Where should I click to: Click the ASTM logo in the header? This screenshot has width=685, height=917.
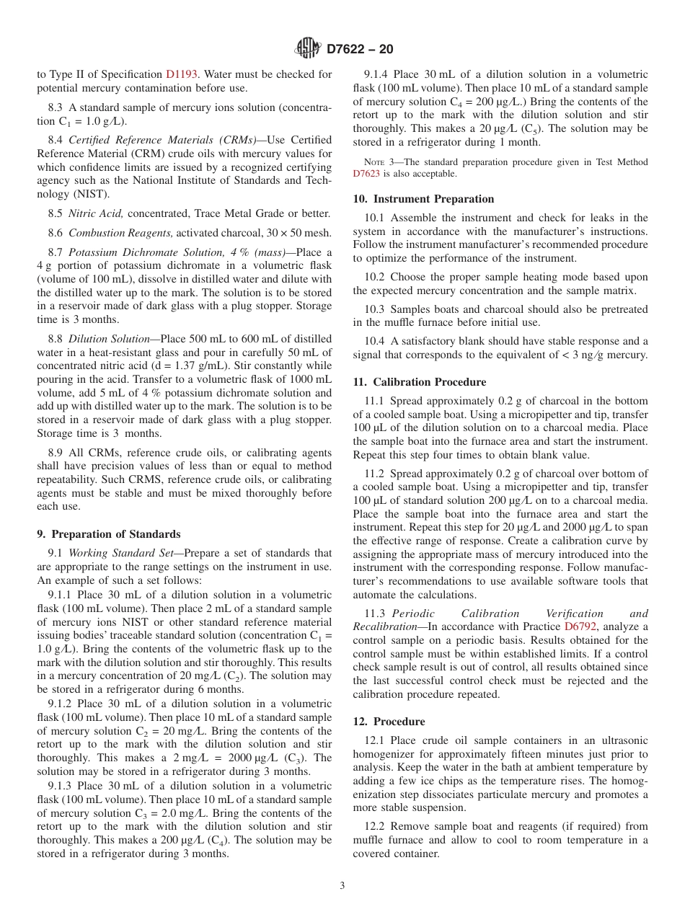(x=309, y=49)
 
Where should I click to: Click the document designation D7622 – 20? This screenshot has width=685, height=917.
(x=360, y=50)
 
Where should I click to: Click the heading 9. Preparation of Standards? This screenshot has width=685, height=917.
(x=109, y=534)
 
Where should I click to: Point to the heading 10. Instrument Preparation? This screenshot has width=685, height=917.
(x=423, y=199)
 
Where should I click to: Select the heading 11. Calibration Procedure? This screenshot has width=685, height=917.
(x=420, y=382)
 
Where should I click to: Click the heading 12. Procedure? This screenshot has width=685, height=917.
(x=389, y=722)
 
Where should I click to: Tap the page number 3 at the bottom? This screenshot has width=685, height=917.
(x=342, y=886)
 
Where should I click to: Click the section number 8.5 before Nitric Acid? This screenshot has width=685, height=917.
(x=55, y=213)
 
